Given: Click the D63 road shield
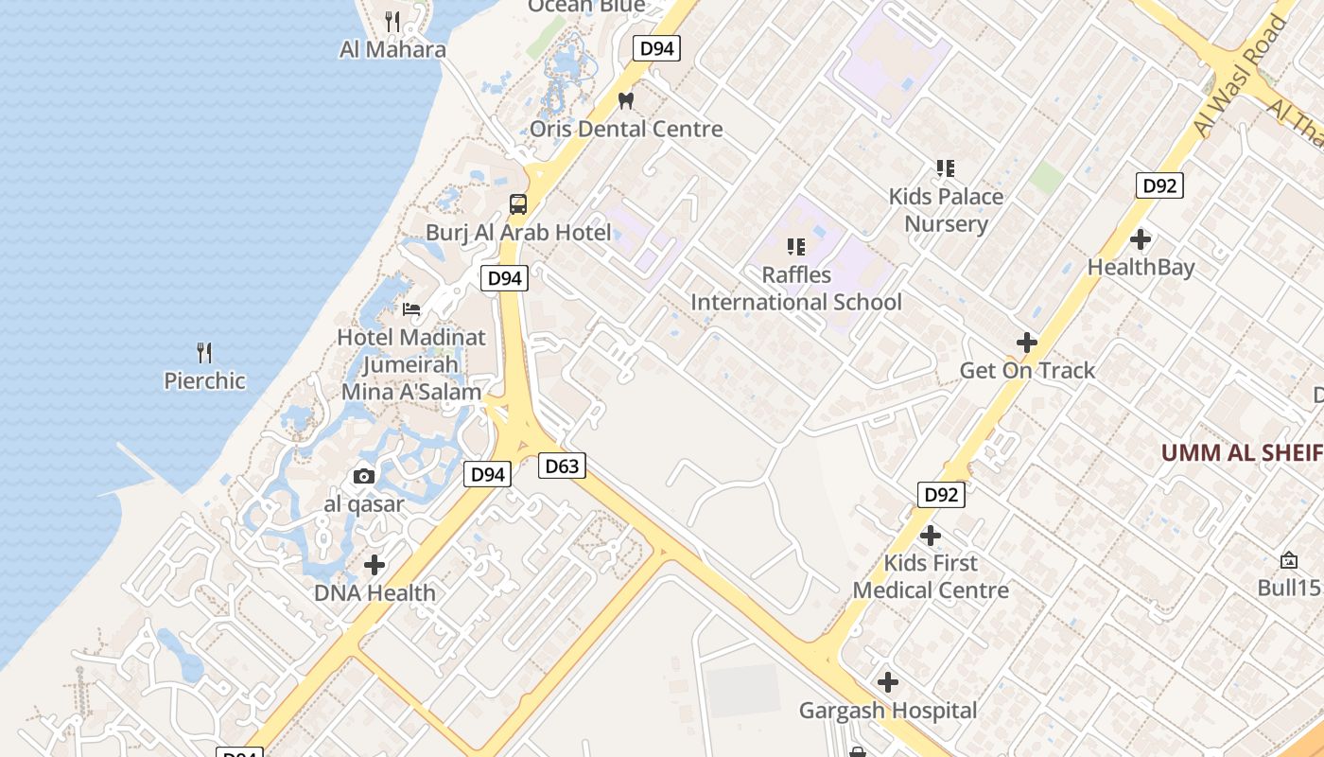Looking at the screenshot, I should coord(562,466).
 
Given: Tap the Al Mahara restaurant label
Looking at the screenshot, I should coord(392,49).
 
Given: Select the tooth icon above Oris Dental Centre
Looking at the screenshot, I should coord(625,99).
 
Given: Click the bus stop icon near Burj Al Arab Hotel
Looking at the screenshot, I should coord(518,203).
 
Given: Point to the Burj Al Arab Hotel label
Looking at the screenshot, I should coord(518,232).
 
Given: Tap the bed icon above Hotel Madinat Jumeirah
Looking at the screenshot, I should coord(411,308).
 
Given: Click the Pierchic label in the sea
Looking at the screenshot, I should coord(204,381).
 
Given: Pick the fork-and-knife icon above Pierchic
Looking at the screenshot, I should coord(204,353).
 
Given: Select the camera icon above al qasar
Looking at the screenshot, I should coord(364,476).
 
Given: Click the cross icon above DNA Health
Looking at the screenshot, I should coord(375,565).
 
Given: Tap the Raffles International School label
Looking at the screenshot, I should coord(796,289).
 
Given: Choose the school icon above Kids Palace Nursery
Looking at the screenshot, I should coord(945,168).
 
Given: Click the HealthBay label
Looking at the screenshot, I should coord(1141,267).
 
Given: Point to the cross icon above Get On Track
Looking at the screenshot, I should coord(1027,342).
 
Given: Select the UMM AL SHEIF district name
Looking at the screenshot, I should coord(1241,452).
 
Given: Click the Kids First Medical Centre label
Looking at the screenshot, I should coord(931,576).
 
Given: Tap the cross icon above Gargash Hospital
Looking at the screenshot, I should coord(887,681).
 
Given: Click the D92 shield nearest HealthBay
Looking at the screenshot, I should coord(1159,185).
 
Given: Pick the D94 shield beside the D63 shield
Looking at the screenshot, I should coord(488,474).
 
